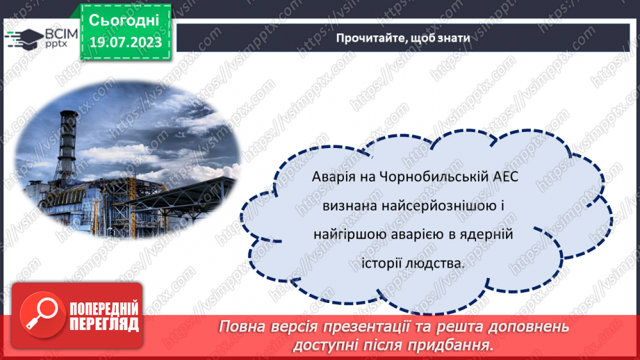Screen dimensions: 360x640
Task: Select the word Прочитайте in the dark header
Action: [365, 38]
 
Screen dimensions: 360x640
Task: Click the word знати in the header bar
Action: [453, 38]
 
